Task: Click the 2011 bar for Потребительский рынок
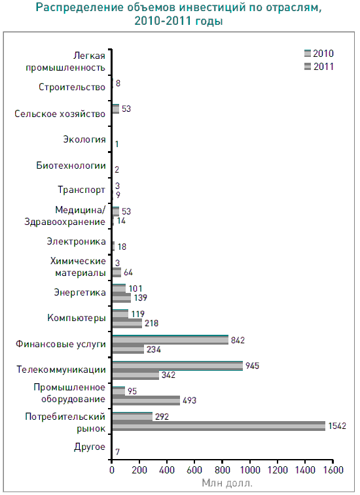(219, 426)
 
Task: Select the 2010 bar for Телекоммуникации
(177, 366)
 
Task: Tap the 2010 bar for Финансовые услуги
(170, 339)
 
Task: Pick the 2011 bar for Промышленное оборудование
(146, 400)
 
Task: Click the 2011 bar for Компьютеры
(127, 323)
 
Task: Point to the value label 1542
(337, 426)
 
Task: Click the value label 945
(252, 366)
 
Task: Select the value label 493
(189, 400)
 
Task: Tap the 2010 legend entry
(319, 54)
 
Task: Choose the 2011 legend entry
(319, 66)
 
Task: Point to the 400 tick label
(167, 469)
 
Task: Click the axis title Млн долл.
(227, 483)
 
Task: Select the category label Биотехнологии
(71, 165)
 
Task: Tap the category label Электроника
(76, 241)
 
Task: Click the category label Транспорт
(81, 190)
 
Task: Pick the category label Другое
(90, 447)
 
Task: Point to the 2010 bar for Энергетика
(119, 288)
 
